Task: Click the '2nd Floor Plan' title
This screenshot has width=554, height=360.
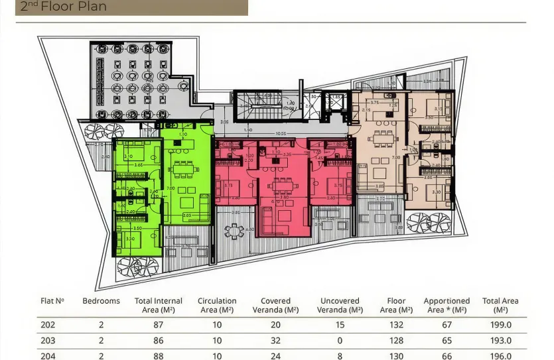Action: pyautogui.click(x=64, y=7)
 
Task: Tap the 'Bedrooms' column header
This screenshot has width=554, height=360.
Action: pyautogui.click(x=101, y=301)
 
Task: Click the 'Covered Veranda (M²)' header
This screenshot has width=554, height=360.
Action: pyautogui.click(x=275, y=305)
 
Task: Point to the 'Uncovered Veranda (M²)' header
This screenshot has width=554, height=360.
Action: pyautogui.click(x=340, y=305)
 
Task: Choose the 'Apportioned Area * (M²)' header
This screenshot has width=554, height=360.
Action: pyautogui.click(x=447, y=305)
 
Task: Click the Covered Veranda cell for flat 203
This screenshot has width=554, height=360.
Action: pyautogui.click(x=275, y=341)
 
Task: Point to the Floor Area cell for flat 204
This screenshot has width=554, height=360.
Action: pyautogui.click(x=396, y=356)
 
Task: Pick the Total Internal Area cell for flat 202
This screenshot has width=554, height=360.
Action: pyautogui.click(x=159, y=325)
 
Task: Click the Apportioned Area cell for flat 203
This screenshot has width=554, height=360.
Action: pyautogui.click(x=447, y=341)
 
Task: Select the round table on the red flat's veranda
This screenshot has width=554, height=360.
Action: pyautogui.click(x=234, y=231)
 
